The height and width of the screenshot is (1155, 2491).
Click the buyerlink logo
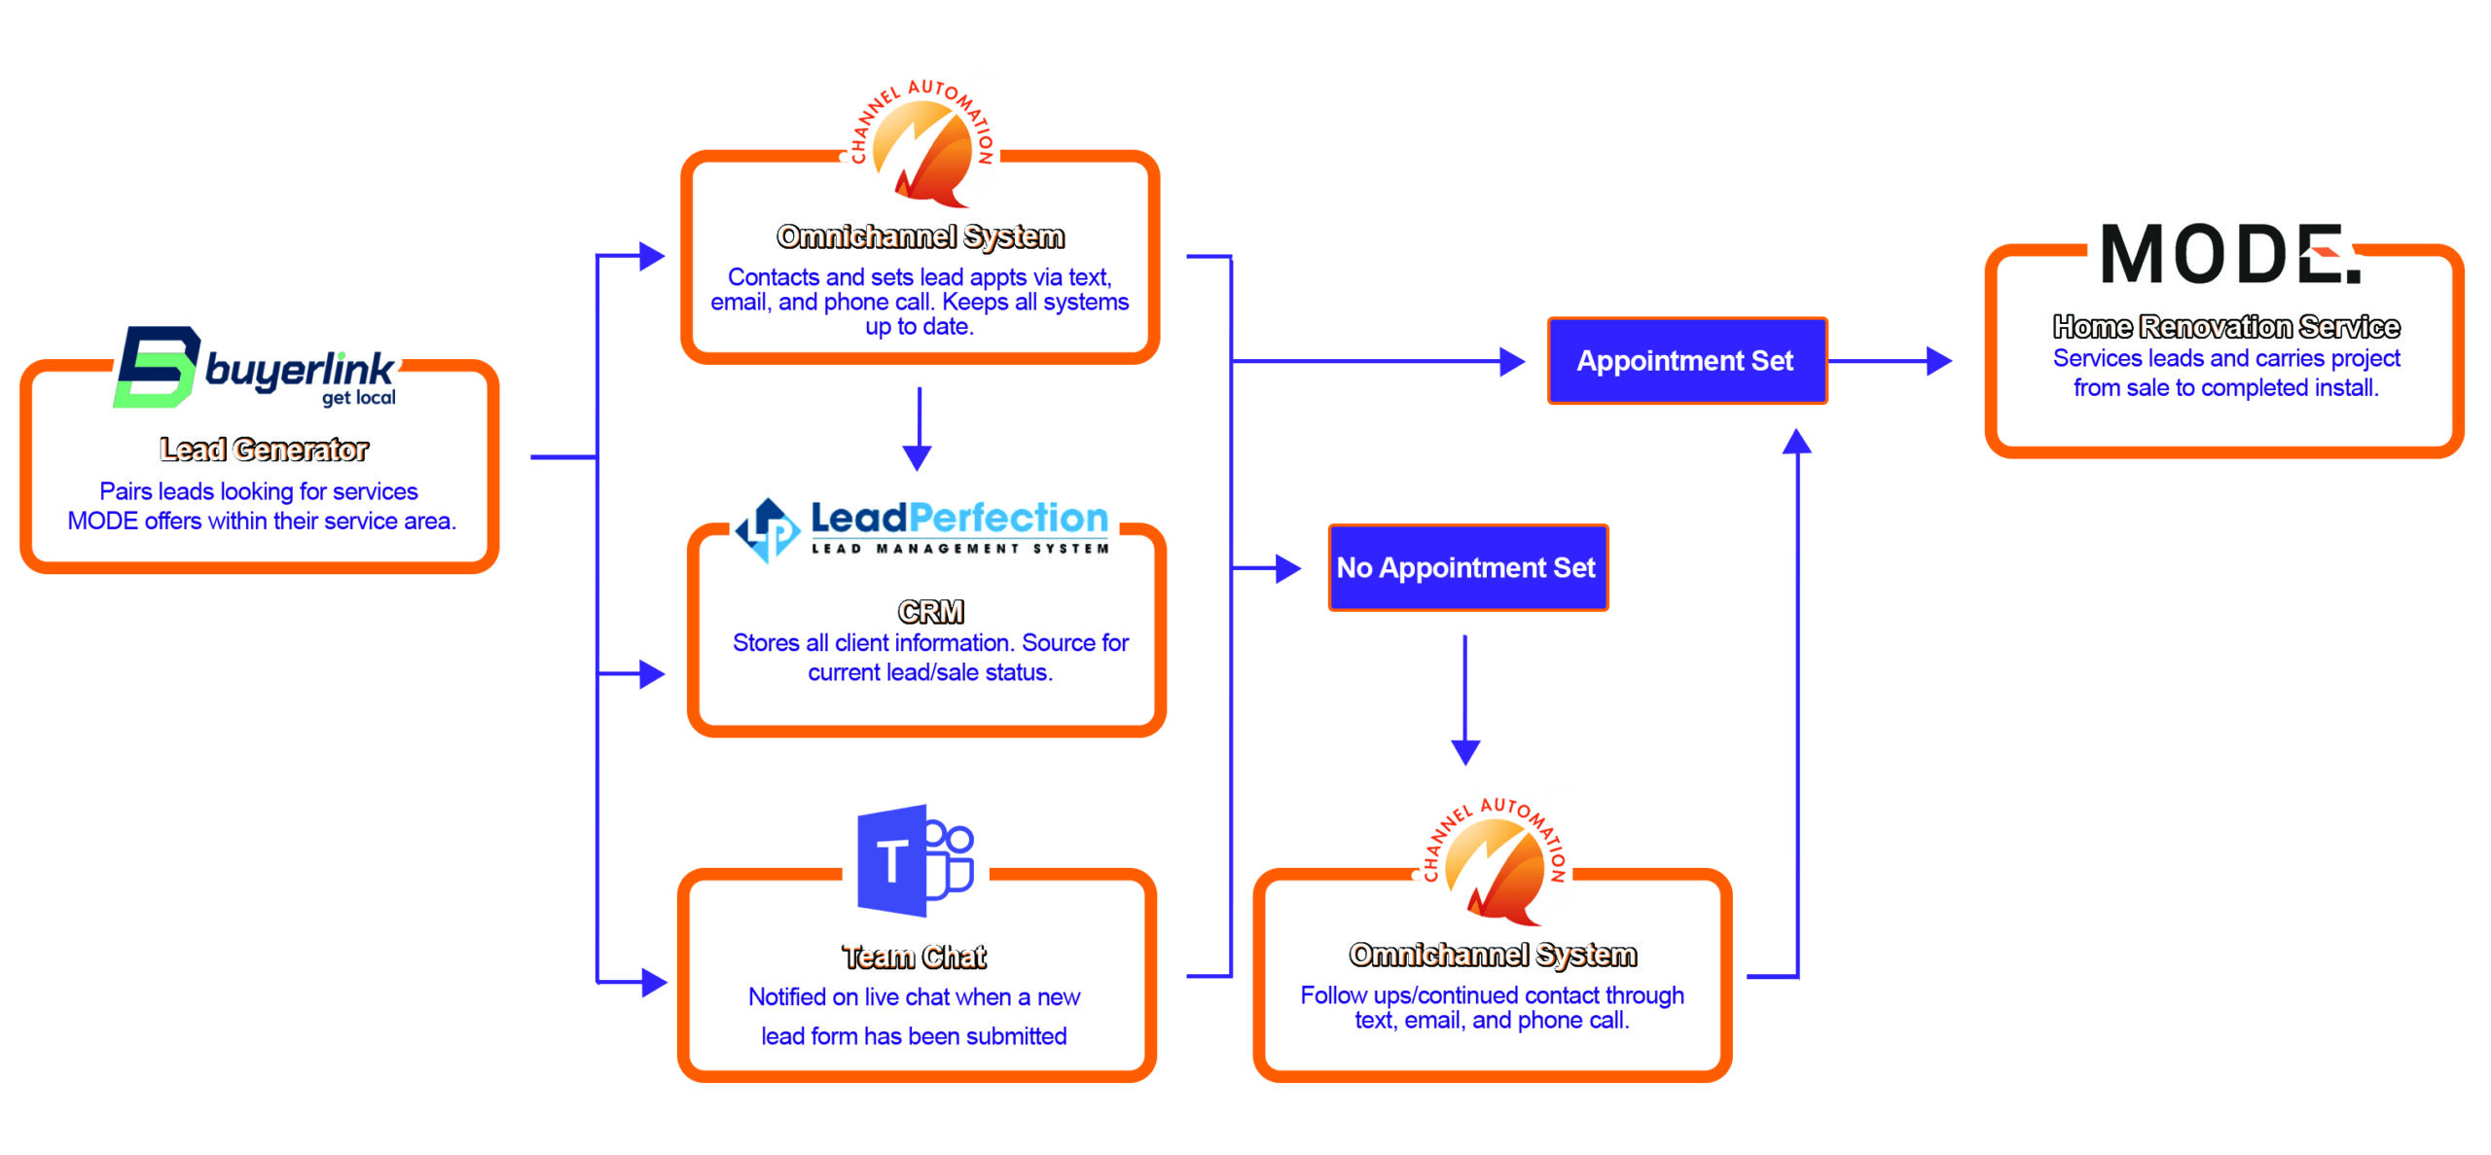[x=255, y=368]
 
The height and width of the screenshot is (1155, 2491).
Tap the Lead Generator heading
[x=264, y=449]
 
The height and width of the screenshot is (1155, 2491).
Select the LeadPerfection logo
[x=921, y=529]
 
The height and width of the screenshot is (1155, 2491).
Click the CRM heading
[x=930, y=611]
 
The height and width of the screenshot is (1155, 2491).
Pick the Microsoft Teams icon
[x=915, y=861]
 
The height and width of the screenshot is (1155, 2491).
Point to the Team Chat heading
[x=914, y=957]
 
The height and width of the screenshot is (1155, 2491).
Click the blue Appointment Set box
[x=1686, y=361]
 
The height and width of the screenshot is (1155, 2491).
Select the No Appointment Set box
[x=1467, y=568]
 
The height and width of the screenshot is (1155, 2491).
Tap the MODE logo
[x=2229, y=254]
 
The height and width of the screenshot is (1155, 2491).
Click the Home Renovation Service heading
[x=2226, y=327]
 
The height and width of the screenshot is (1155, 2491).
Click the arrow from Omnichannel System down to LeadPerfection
[x=918, y=428]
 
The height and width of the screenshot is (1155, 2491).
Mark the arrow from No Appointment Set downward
[x=1465, y=700]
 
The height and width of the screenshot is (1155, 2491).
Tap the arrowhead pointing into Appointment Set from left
[x=1511, y=362]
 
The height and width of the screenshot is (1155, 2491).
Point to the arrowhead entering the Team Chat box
[x=654, y=983]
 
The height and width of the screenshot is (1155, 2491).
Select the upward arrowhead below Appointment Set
[x=1796, y=443]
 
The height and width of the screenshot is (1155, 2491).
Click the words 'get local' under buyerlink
[x=359, y=398]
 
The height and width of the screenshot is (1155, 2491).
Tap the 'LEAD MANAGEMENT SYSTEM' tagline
[x=959, y=549]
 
